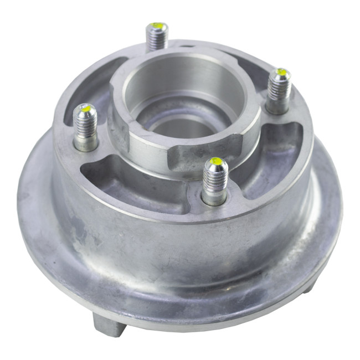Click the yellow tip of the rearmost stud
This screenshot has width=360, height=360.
click(x=158, y=26)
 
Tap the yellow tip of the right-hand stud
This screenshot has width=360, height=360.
click(x=282, y=72)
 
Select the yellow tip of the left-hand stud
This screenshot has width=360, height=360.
click(x=86, y=108)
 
